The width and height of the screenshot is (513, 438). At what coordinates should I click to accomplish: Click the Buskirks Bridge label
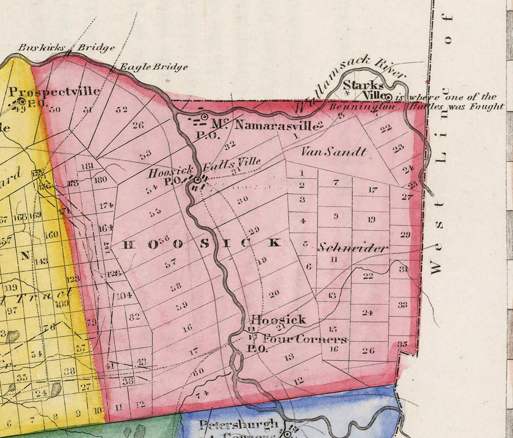[x=65, y=47]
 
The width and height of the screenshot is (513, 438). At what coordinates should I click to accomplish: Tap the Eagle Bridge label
[x=153, y=67]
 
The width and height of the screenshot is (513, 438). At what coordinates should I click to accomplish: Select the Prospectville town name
[x=55, y=91]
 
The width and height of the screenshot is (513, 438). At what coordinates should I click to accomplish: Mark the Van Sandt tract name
[x=334, y=152]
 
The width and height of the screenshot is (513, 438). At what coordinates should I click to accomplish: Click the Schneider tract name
[x=352, y=248]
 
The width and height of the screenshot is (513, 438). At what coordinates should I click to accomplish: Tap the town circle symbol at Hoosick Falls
[x=197, y=180]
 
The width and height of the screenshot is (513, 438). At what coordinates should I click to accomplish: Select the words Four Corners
[x=304, y=339]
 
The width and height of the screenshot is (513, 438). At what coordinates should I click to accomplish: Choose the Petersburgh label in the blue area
[x=239, y=424]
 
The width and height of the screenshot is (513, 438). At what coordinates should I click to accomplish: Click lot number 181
[x=87, y=166]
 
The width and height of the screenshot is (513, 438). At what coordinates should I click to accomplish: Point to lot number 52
[x=122, y=109]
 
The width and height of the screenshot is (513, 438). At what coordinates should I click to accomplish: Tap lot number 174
[x=106, y=205]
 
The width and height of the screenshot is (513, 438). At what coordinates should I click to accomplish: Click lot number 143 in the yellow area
[x=41, y=261]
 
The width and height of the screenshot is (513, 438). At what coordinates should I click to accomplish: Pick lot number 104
[x=124, y=295]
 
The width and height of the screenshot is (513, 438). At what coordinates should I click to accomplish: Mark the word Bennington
[x=362, y=107]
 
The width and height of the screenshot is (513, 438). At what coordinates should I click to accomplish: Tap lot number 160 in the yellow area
[x=51, y=234]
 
